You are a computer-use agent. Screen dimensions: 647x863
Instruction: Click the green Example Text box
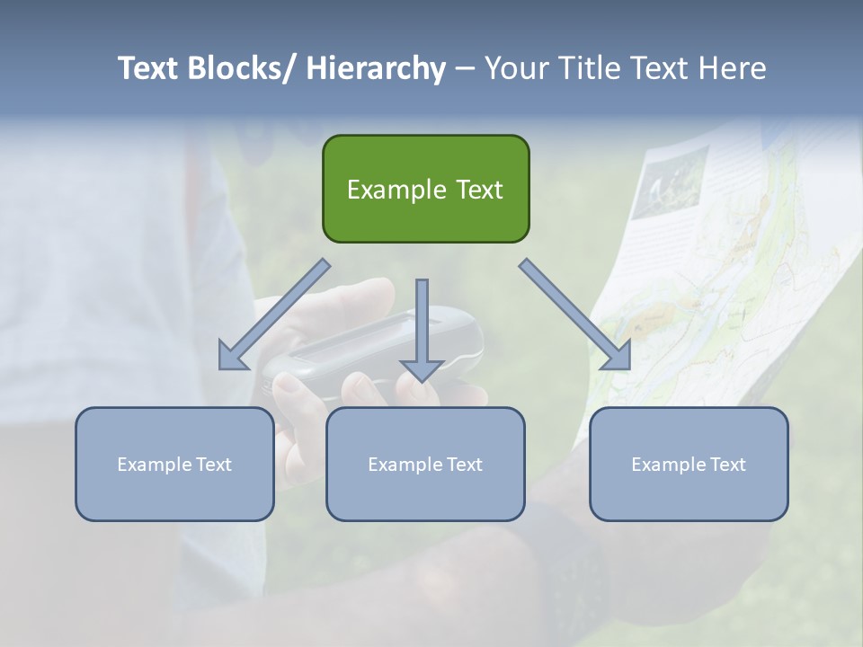coord(425,189)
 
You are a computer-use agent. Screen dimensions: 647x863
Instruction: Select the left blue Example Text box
coord(174,464)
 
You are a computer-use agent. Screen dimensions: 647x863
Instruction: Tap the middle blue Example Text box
coord(425,464)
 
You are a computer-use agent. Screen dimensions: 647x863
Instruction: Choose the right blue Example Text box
coord(689,464)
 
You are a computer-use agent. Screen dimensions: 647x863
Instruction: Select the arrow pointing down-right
coord(575,315)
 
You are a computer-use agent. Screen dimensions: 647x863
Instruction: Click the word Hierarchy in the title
coord(375,68)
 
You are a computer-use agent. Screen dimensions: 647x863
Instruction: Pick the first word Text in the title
coord(148,68)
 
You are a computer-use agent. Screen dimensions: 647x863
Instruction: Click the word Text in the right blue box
coord(728,464)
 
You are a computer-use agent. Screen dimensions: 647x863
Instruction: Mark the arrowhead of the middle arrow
coord(422,369)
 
